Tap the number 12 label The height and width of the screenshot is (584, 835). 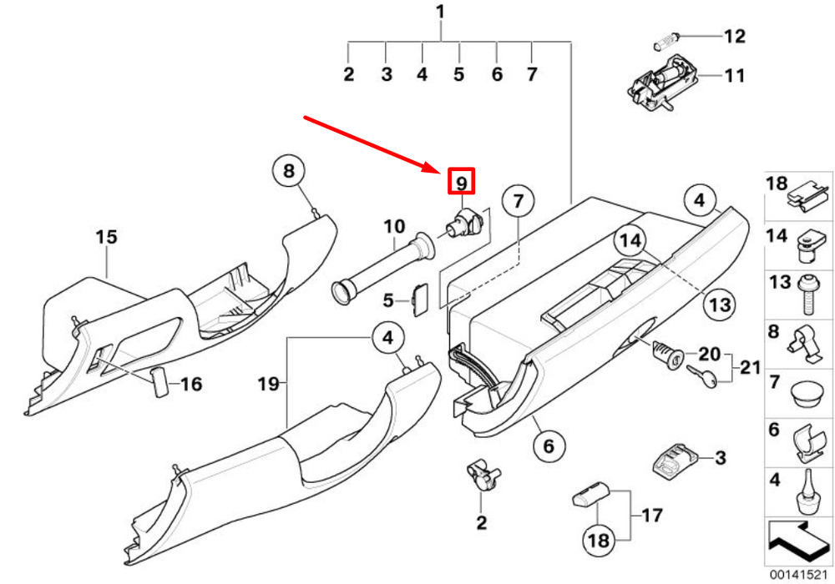tap(734, 36)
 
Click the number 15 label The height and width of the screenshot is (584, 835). tap(106, 237)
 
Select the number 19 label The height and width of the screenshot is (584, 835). tap(268, 384)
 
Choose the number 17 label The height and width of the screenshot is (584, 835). tap(652, 516)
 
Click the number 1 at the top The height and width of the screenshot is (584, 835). tap(440, 12)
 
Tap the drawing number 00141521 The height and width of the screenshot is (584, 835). tap(799, 575)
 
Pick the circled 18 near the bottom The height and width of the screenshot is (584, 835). tap(598, 541)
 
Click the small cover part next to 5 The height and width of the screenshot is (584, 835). tap(421, 300)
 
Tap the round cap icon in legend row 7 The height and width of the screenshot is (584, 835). tap(804, 395)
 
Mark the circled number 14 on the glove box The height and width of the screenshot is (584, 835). tap(630, 241)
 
